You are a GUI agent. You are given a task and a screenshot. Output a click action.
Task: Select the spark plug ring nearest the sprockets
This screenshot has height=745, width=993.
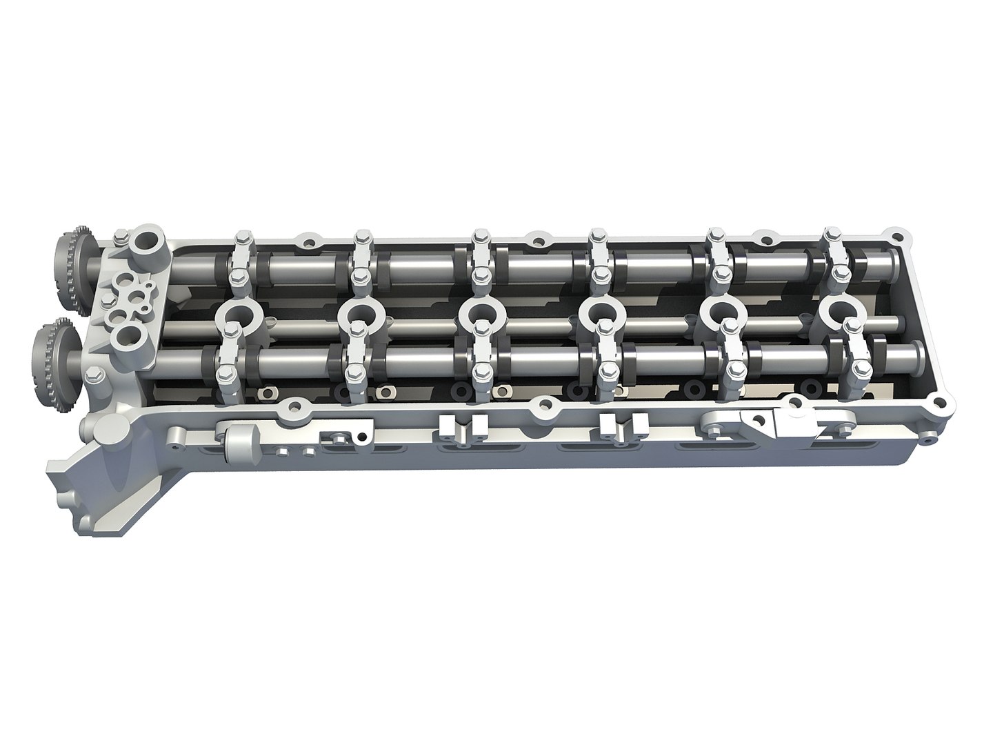coord(234,315)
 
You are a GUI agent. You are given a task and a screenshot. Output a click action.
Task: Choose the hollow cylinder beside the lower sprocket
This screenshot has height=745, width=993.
coord(128,336)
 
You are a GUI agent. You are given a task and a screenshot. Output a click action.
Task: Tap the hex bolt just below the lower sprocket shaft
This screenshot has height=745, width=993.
coord(96,378)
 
